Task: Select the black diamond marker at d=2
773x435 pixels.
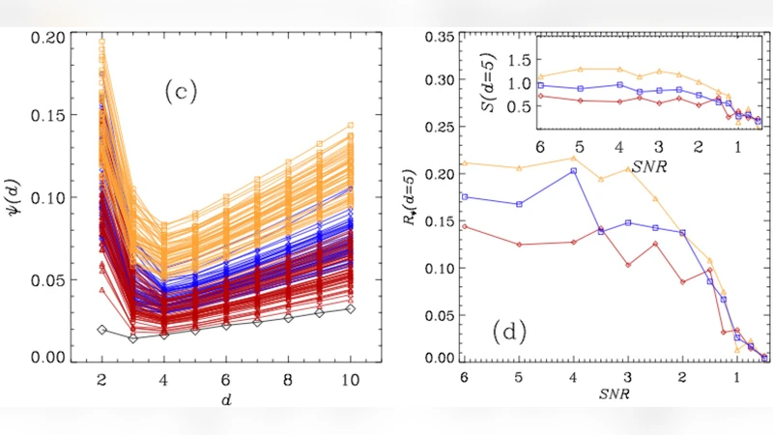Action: (x=102, y=330)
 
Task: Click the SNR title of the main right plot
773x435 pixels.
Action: (x=616, y=394)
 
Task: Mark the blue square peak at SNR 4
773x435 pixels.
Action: (x=574, y=171)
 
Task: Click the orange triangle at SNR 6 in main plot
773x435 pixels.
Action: (x=465, y=163)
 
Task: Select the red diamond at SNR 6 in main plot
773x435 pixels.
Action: (x=465, y=227)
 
